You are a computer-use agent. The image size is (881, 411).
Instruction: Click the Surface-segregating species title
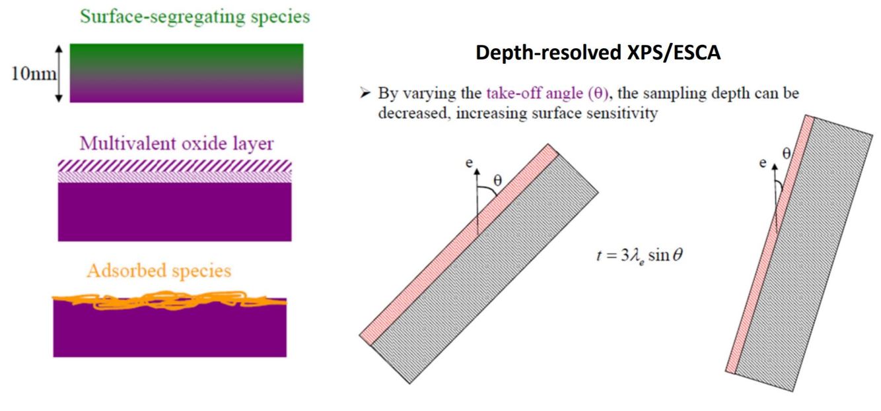(x=195, y=17)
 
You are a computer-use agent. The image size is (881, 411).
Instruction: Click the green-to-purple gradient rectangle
(x=186, y=73)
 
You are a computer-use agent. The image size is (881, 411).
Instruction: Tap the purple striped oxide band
(x=175, y=170)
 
